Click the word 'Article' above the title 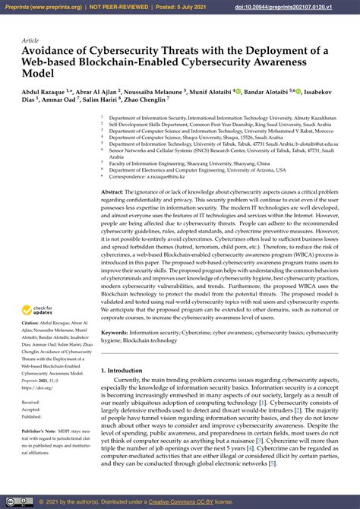(31, 40)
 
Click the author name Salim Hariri (101, 101)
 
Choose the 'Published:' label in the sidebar (32, 417)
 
